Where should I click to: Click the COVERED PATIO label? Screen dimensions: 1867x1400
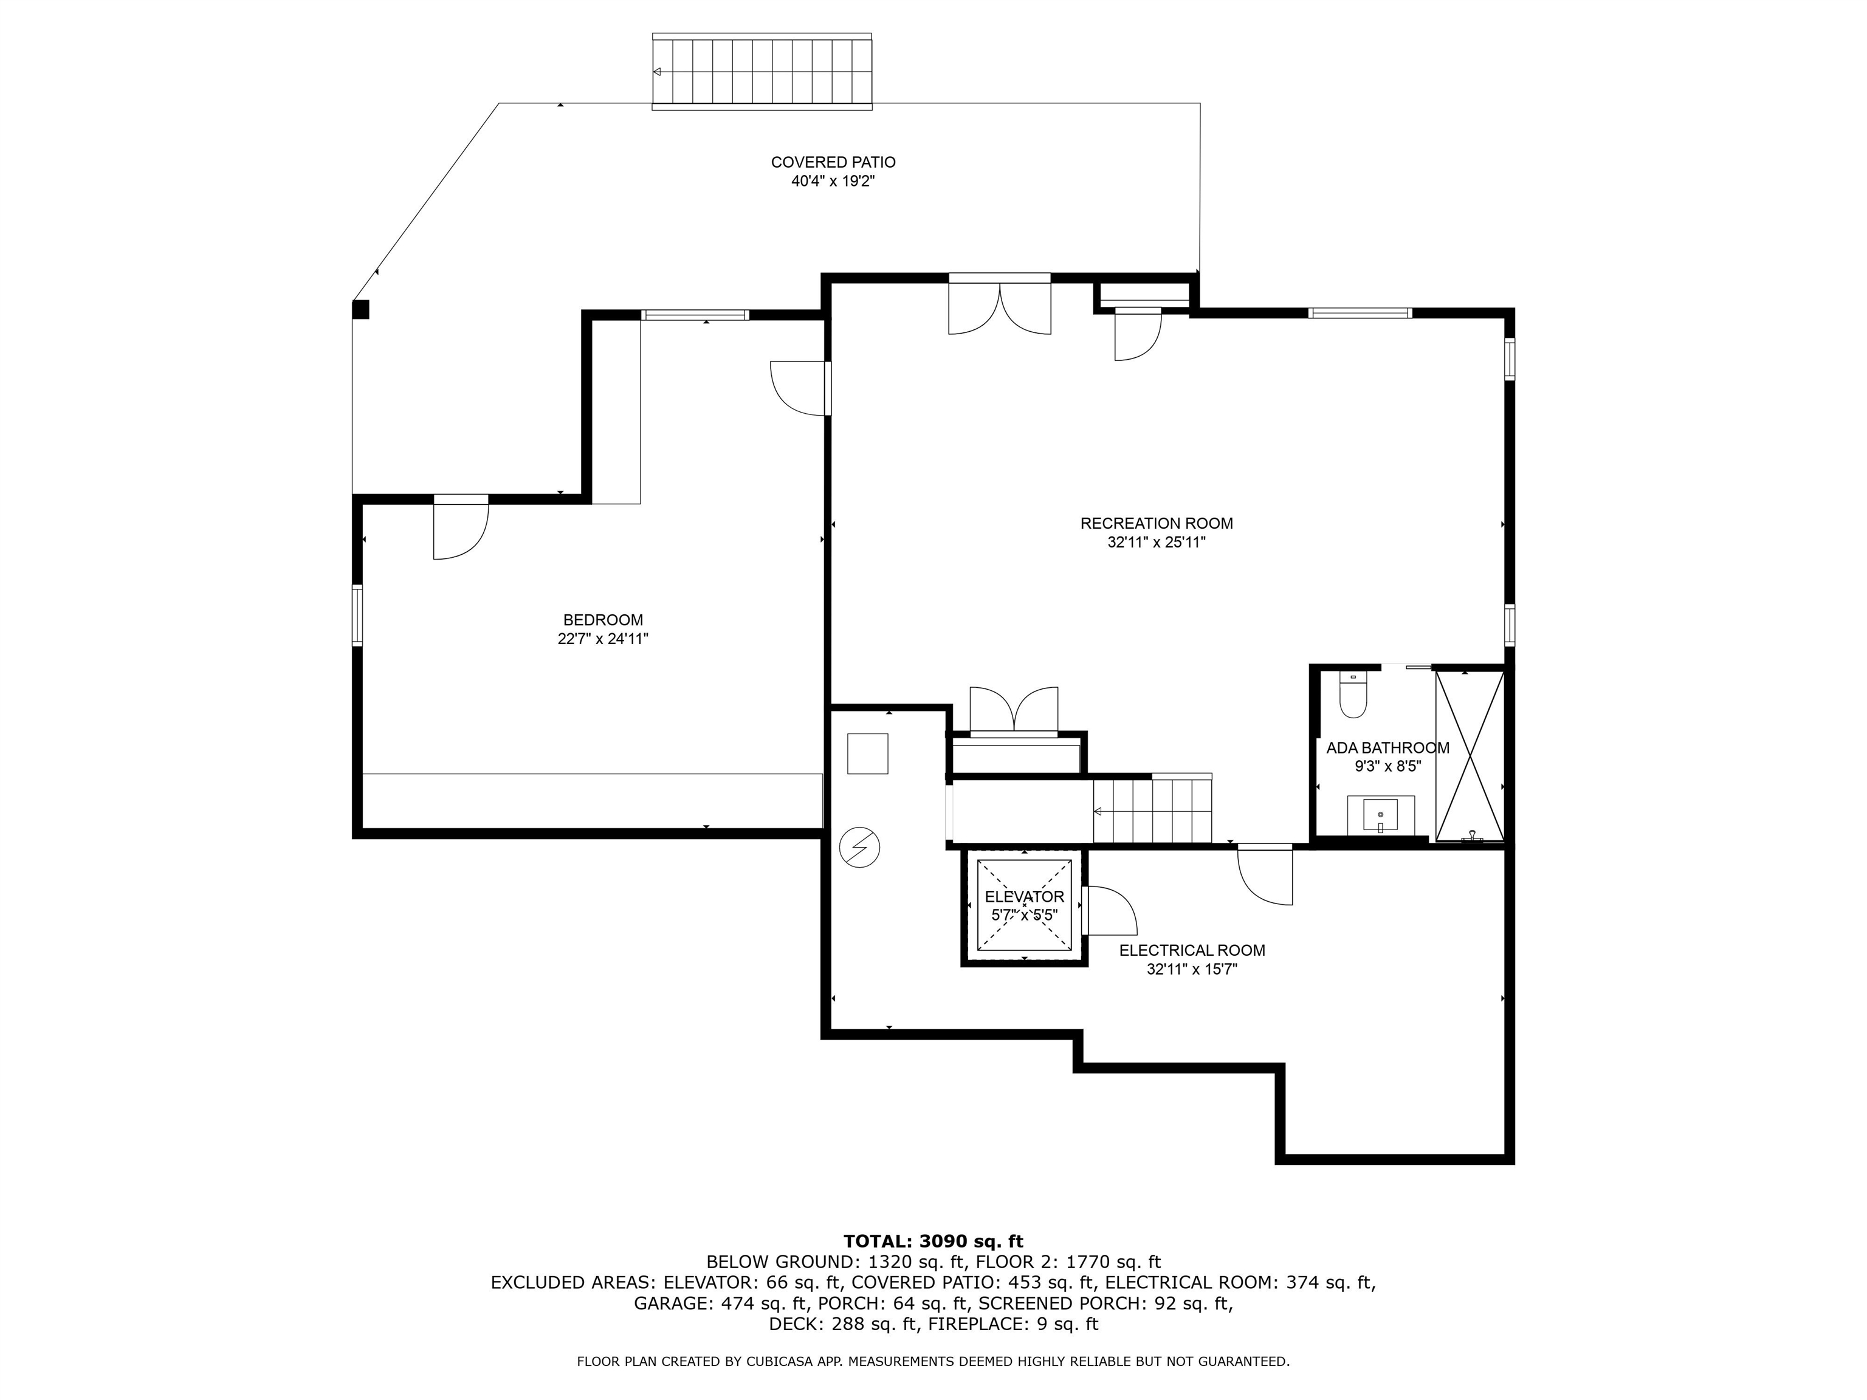pyautogui.click(x=833, y=162)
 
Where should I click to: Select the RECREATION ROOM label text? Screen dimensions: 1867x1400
pyautogui.click(x=1157, y=523)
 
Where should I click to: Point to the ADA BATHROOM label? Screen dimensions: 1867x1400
pyautogui.click(x=1387, y=747)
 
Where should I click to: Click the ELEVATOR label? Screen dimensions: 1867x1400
pyautogui.click(x=1025, y=897)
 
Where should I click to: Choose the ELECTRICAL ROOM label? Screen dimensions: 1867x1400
pyautogui.click(x=1192, y=950)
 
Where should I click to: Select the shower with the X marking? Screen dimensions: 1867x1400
pyautogui.click(x=1470, y=755)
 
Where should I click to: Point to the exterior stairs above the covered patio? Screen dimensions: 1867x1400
pyautogui.click(x=762, y=72)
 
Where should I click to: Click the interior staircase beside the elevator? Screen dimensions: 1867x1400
pyautogui.click(x=1153, y=809)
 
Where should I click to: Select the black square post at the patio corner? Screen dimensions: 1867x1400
pyautogui.click(x=360, y=310)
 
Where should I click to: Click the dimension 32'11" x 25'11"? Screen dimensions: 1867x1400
pyautogui.click(x=1157, y=543)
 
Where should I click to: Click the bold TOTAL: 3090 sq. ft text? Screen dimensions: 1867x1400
pyautogui.click(x=933, y=1241)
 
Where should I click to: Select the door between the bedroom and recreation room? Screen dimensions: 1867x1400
pyautogui.click(x=800, y=388)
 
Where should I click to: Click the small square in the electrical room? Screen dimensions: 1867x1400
pyautogui.click(x=868, y=753)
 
